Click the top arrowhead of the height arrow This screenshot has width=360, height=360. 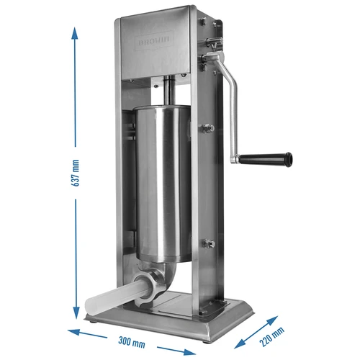pyautogui.click(x=76, y=29)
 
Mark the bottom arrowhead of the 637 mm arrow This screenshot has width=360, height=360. pyautogui.click(x=76, y=317)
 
